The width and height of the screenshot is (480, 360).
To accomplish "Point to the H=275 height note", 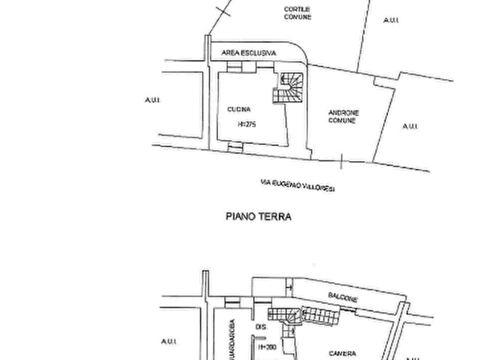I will tap(248, 124).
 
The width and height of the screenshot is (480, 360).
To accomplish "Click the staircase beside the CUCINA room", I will tap(290, 87).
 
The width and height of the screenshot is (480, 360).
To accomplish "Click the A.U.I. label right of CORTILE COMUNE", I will tap(390, 20).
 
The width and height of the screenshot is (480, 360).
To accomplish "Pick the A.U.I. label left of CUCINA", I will tap(153, 99).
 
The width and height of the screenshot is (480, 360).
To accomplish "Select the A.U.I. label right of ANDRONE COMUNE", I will tap(411, 126).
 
